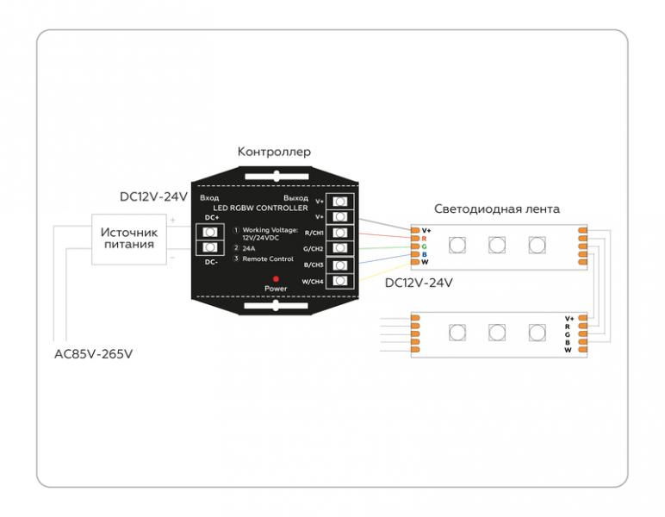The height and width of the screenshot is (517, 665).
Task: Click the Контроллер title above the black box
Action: pos(274,152)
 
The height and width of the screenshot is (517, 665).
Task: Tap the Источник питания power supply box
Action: pos(128,239)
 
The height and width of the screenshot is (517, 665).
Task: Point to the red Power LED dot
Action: pos(276,279)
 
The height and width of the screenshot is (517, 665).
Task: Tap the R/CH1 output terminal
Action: pos(341,234)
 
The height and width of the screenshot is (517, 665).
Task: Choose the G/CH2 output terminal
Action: pos(341,249)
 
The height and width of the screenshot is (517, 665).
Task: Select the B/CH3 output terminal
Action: pos(341,265)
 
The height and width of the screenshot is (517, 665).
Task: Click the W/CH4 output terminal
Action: pos(341,281)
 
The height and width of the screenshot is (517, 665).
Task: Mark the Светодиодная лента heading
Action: pos(497,209)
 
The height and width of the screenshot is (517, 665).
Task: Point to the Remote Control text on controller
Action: pos(268,259)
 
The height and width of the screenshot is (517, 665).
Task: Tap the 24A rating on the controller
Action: pos(250,248)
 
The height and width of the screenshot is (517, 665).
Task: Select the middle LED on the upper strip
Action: pos(497,245)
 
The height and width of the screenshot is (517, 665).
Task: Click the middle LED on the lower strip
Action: pos(497,333)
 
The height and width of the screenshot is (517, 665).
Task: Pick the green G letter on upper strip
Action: pos(424,246)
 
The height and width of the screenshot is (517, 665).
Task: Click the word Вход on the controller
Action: pos(209,198)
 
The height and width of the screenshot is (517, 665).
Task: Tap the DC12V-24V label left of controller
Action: pos(153,196)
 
